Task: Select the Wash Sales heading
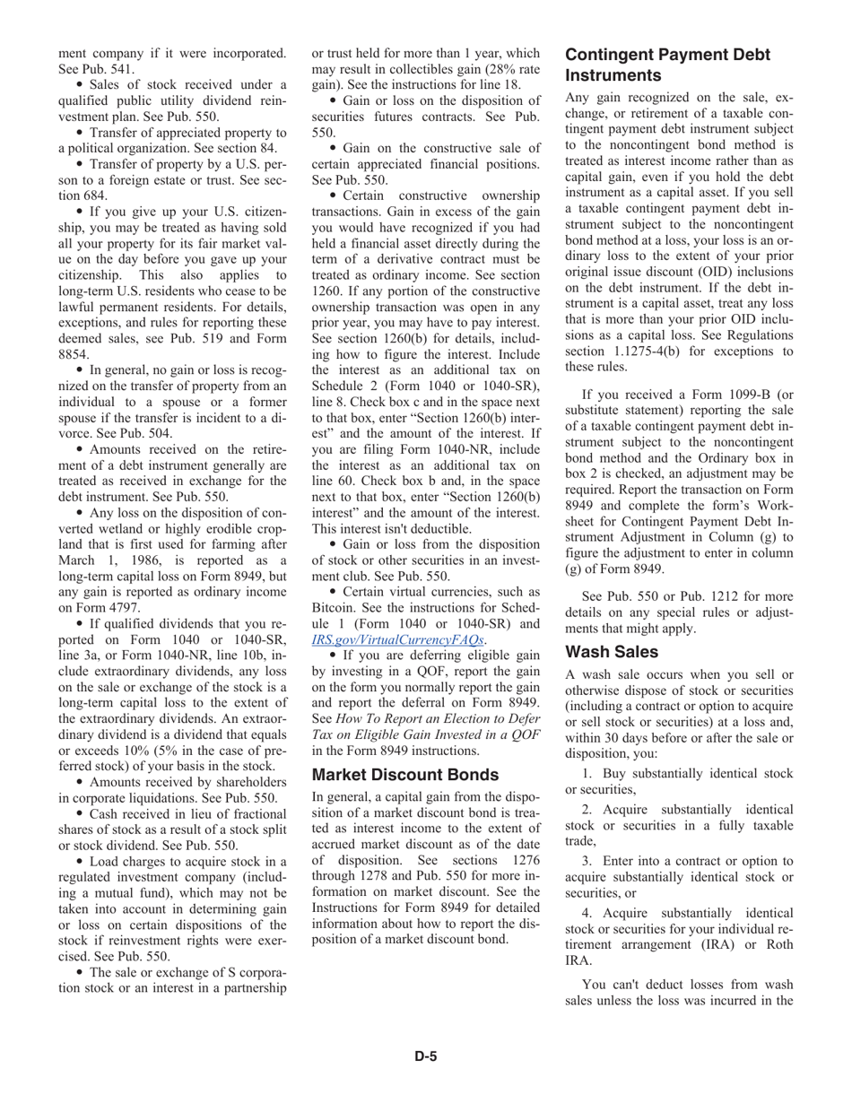point(612,651)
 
